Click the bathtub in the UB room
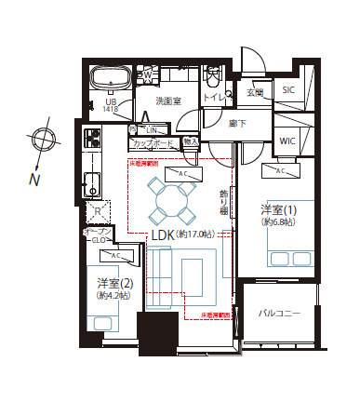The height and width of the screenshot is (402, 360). point(111,79)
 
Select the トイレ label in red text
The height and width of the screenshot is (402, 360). point(214,97)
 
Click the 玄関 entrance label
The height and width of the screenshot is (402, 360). point(255,92)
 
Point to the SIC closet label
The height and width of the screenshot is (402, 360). point(287,90)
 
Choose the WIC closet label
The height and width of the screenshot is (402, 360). point(287,141)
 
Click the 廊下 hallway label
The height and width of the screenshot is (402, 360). point(237,123)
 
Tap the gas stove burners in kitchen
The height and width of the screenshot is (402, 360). point(93,141)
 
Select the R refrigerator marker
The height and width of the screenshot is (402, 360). point(96,211)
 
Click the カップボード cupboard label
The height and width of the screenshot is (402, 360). point(152,144)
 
